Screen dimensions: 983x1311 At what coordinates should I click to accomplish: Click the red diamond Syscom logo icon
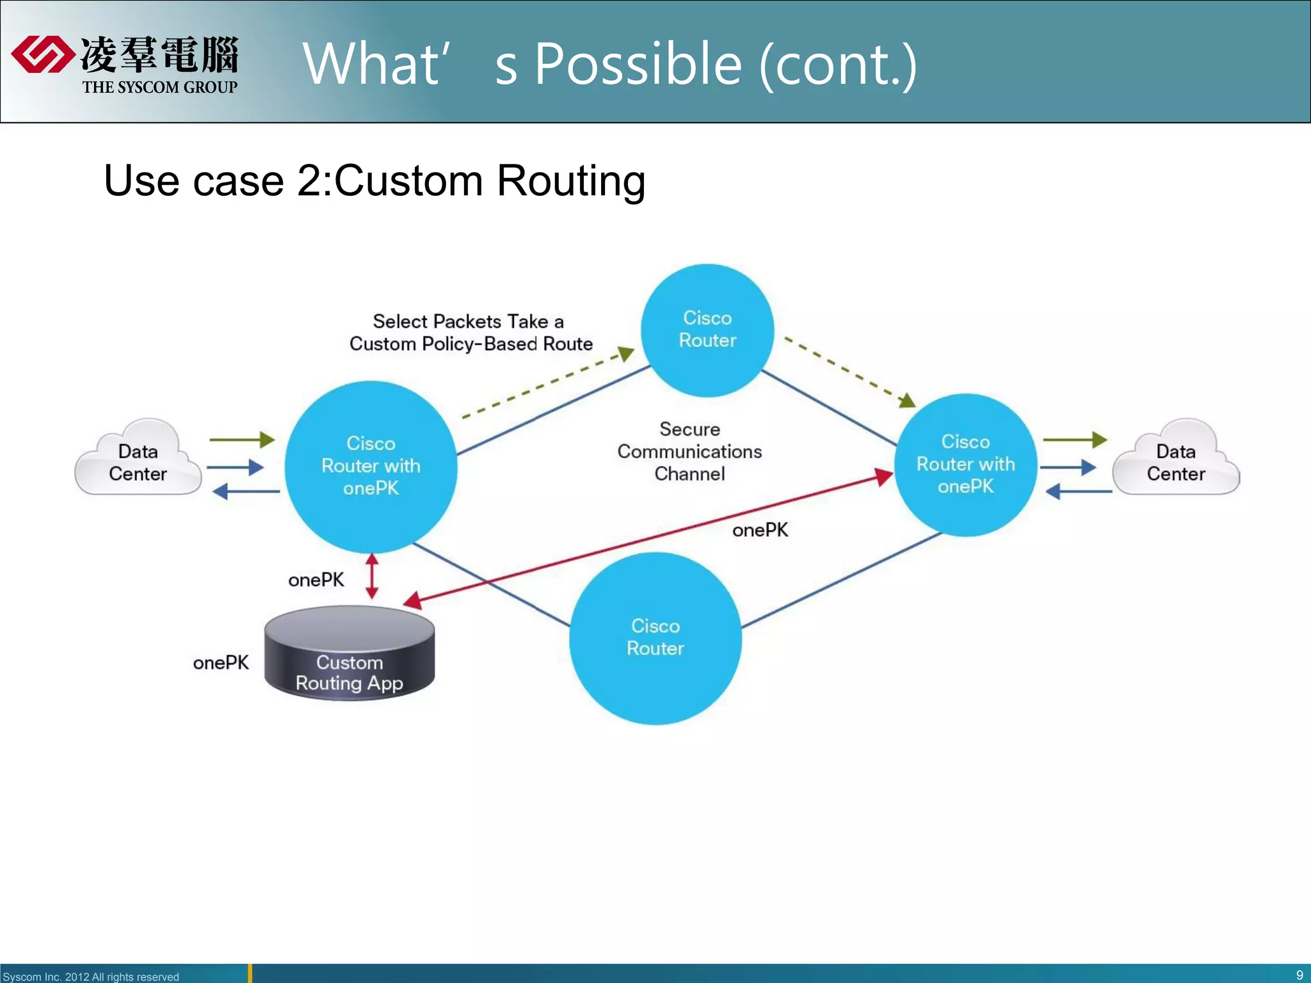(x=42, y=54)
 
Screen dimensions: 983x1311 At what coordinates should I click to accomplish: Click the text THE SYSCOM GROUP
(x=159, y=87)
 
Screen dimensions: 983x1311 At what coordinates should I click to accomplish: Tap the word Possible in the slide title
(x=638, y=64)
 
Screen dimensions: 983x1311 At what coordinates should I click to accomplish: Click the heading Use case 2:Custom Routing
(x=374, y=180)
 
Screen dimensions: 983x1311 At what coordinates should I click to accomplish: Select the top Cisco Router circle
(x=707, y=330)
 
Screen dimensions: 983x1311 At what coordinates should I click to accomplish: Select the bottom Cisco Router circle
(x=655, y=638)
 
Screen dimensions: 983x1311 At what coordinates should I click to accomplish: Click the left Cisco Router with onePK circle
(x=371, y=467)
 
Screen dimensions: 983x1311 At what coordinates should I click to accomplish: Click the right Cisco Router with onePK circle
(x=965, y=465)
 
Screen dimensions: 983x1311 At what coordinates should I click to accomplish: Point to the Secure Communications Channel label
(x=689, y=452)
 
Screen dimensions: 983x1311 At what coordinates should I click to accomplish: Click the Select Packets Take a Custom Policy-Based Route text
(x=471, y=333)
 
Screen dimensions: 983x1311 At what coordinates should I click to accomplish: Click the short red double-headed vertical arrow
(x=372, y=576)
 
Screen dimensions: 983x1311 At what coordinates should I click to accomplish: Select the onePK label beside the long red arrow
(x=760, y=530)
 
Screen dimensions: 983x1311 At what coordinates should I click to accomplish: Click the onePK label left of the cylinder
(x=221, y=663)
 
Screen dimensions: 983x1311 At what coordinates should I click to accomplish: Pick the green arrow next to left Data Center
(x=242, y=440)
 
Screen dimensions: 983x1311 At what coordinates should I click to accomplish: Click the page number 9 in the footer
(x=1299, y=975)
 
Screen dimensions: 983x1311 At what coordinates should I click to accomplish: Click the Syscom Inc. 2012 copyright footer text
(x=91, y=977)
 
